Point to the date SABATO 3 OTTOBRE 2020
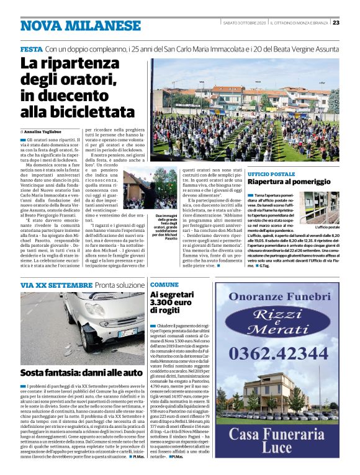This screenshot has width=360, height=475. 243,23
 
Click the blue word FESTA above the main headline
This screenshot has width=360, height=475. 31,48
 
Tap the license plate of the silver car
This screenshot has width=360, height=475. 127,334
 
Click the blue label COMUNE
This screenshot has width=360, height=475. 164,284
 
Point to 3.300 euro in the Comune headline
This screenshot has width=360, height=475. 166,304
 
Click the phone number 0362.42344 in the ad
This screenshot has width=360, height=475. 277,355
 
